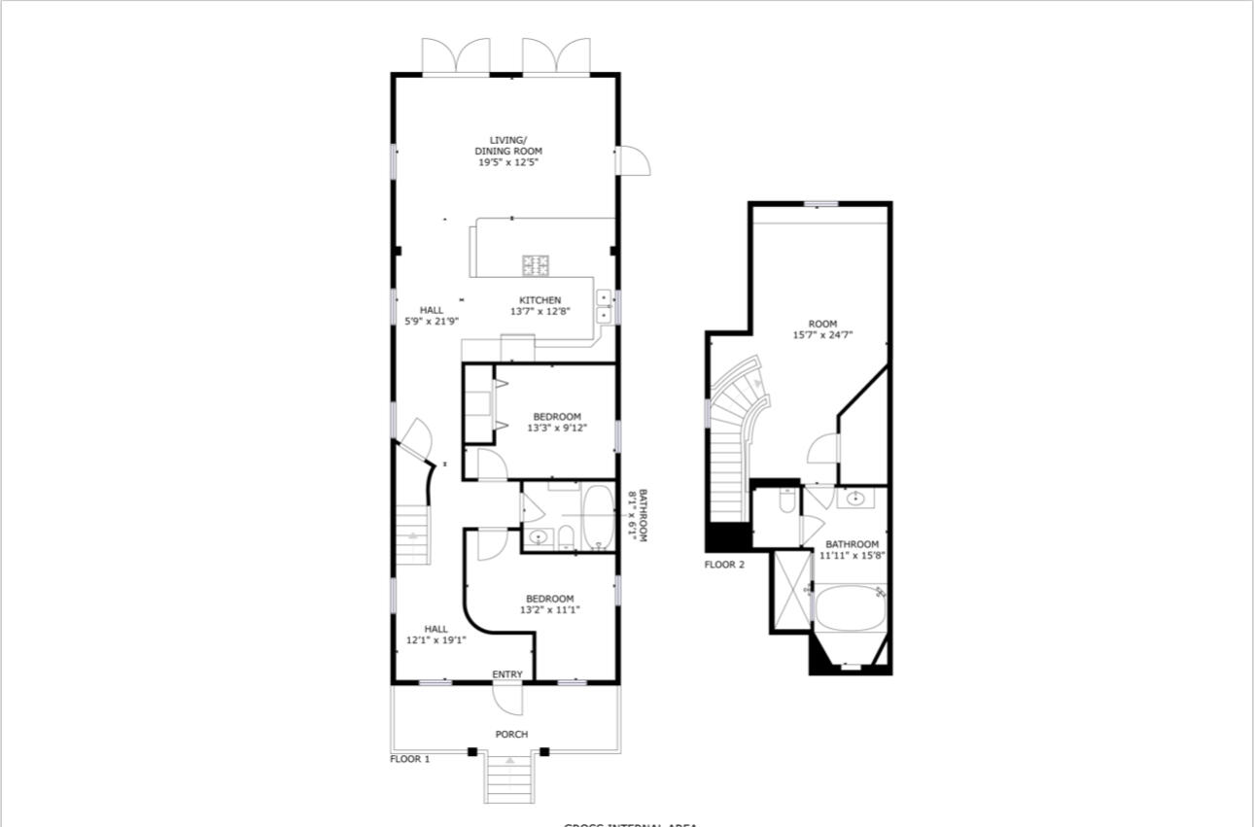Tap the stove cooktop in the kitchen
[x=536, y=263]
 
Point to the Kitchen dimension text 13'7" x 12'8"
[x=540, y=312]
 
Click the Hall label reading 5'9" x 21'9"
[x=432, y=316]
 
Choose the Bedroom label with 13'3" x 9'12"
[x=557, y=423]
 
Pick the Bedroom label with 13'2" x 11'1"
[x=549, y=604]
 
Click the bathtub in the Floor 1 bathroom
[x=597, y=518]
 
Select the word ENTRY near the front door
[x=507, y=674]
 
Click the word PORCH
[x=511, y=735]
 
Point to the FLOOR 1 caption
[x=409, y=759]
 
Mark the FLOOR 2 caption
[x=724, y=564]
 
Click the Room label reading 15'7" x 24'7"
[x=822, y=329]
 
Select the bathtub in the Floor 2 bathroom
[x=849, y=608]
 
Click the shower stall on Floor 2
[x=790, y=590]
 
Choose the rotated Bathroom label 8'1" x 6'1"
[x=637, y=515]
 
